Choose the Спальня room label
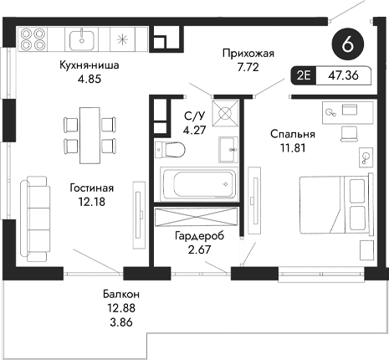click(292, 133)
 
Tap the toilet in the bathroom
click(171, 150)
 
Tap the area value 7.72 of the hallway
click(248, 67)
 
